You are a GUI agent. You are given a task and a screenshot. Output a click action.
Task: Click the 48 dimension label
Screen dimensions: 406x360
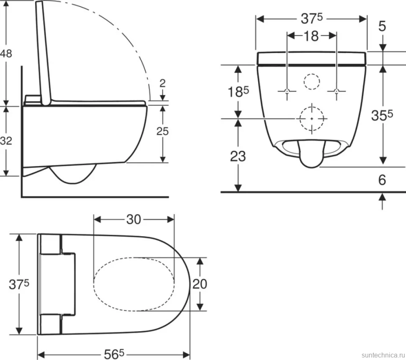(6, 54)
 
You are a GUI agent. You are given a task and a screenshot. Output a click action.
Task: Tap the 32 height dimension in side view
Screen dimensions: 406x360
(6, 141)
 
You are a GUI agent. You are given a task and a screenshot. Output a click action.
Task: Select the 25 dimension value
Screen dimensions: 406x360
(162, 131)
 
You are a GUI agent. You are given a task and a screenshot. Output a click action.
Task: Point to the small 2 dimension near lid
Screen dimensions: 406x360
(162, 83)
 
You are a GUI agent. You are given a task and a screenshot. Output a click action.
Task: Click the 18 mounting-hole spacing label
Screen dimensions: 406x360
(311, 36)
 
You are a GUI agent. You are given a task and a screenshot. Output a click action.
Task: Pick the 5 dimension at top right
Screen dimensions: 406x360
(382, 26)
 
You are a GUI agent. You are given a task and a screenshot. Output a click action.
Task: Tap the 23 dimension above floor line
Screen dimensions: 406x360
(238, 156)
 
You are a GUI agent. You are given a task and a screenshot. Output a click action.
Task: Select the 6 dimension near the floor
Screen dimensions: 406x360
(382, 180)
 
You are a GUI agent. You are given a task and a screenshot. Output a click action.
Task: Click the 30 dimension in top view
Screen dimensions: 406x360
(134, 220)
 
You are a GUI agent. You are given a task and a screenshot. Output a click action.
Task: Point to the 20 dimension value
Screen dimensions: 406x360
(200, 284)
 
